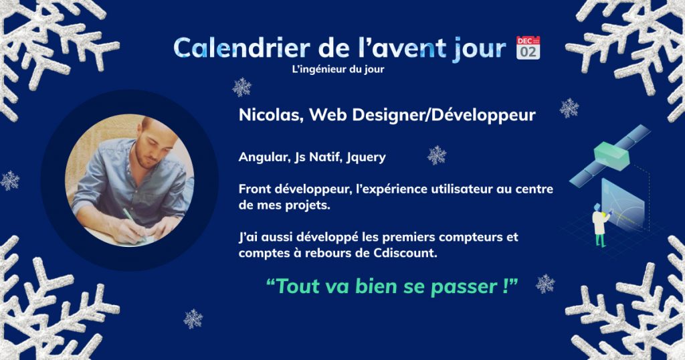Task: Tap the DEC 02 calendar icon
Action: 528,48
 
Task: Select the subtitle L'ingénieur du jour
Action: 338,70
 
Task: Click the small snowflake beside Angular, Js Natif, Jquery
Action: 437,155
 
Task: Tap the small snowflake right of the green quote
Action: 545,284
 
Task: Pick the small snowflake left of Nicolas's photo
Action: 9,181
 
